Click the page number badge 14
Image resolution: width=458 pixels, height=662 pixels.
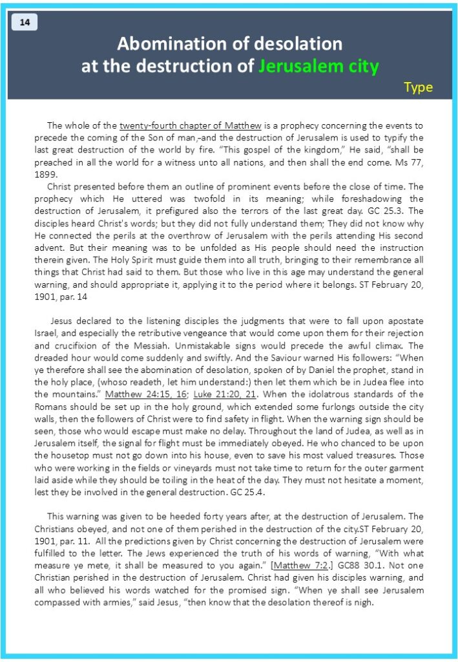pyautogui.click(x=25, y=23)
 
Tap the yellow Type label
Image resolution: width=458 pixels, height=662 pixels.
pyautogui.click(x=418, y=87)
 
